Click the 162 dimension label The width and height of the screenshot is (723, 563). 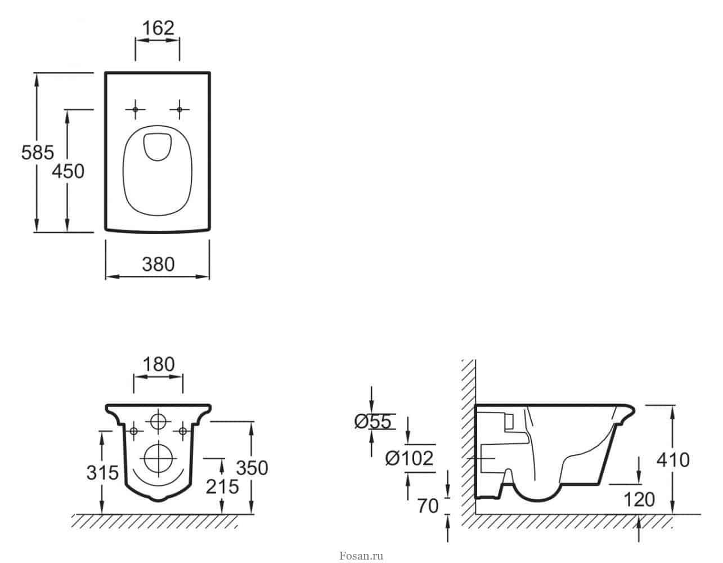[x=158, y=28]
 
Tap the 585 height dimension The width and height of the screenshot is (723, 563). [x=38, y=153]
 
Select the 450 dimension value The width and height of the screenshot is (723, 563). [x=68, y=172]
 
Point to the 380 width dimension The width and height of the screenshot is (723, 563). [x=158, y=265]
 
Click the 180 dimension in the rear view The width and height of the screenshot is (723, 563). [x=159, y=364]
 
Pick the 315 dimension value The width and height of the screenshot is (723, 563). [x=102, y=473]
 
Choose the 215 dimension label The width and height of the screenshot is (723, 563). [x=222, y=487]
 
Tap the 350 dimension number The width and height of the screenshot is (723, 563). [x=252, y=468]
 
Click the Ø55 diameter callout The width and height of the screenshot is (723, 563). [x=372, y=422]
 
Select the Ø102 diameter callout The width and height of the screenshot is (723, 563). [x=410, y=458]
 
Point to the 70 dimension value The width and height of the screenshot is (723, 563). [x=428, y=506]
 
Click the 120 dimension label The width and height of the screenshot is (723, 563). [x=639, y=499]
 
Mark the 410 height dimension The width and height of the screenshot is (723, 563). [x=673, y=461]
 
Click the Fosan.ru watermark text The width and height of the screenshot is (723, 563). [x=361, y=556]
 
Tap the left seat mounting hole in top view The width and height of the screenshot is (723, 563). [x=135, y=109]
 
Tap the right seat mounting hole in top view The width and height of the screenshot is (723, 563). [x=179, y=109]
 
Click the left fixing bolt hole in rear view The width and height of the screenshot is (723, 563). [x=134, y=431]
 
